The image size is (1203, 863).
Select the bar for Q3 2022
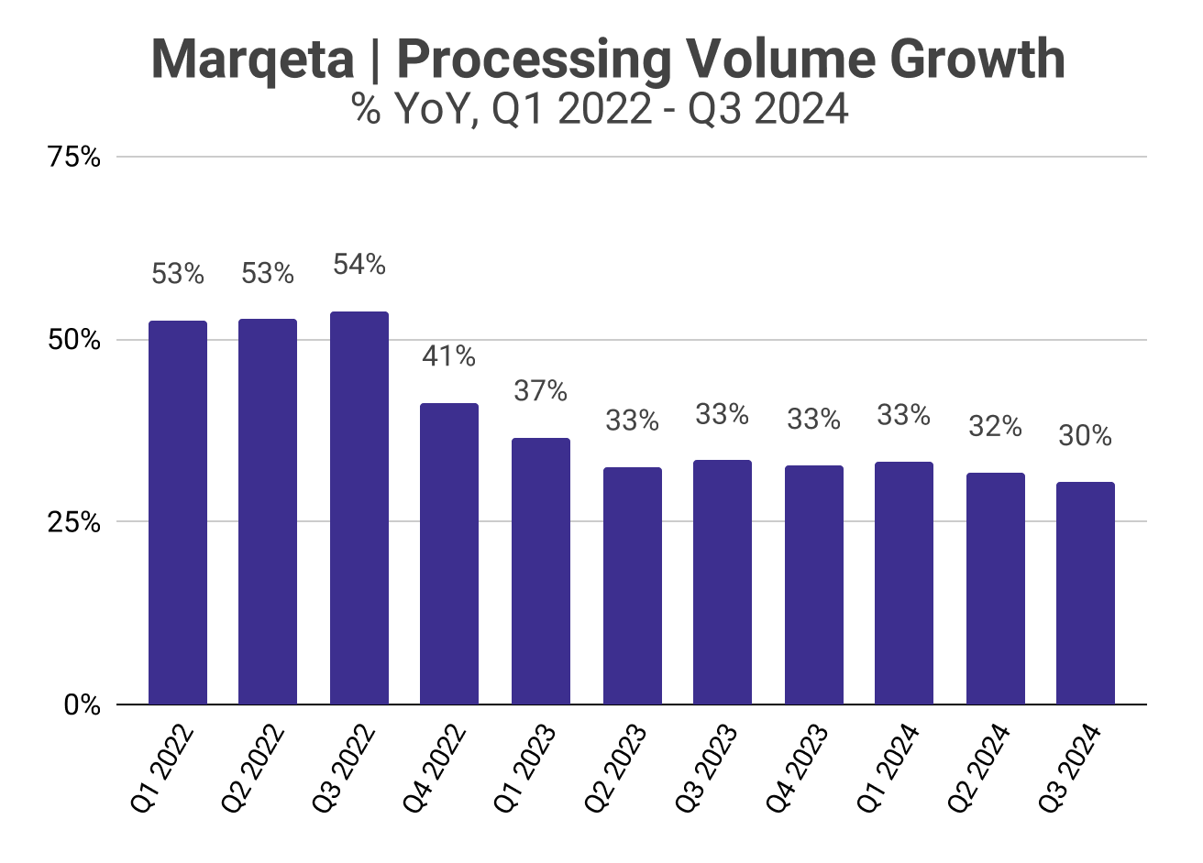point(359,508)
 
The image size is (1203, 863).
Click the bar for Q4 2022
point(449,554)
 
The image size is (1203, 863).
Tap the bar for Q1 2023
point(540,572)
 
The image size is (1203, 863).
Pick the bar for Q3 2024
point(1086,594)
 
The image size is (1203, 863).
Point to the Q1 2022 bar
point(178,513)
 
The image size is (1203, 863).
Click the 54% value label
point(359,265)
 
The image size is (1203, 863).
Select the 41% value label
point(448,355)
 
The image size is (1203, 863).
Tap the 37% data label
point(540,391)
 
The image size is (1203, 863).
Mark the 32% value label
point(995,426)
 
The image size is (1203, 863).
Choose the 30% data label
point(1085,436)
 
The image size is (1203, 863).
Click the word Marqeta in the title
point(253,60)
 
